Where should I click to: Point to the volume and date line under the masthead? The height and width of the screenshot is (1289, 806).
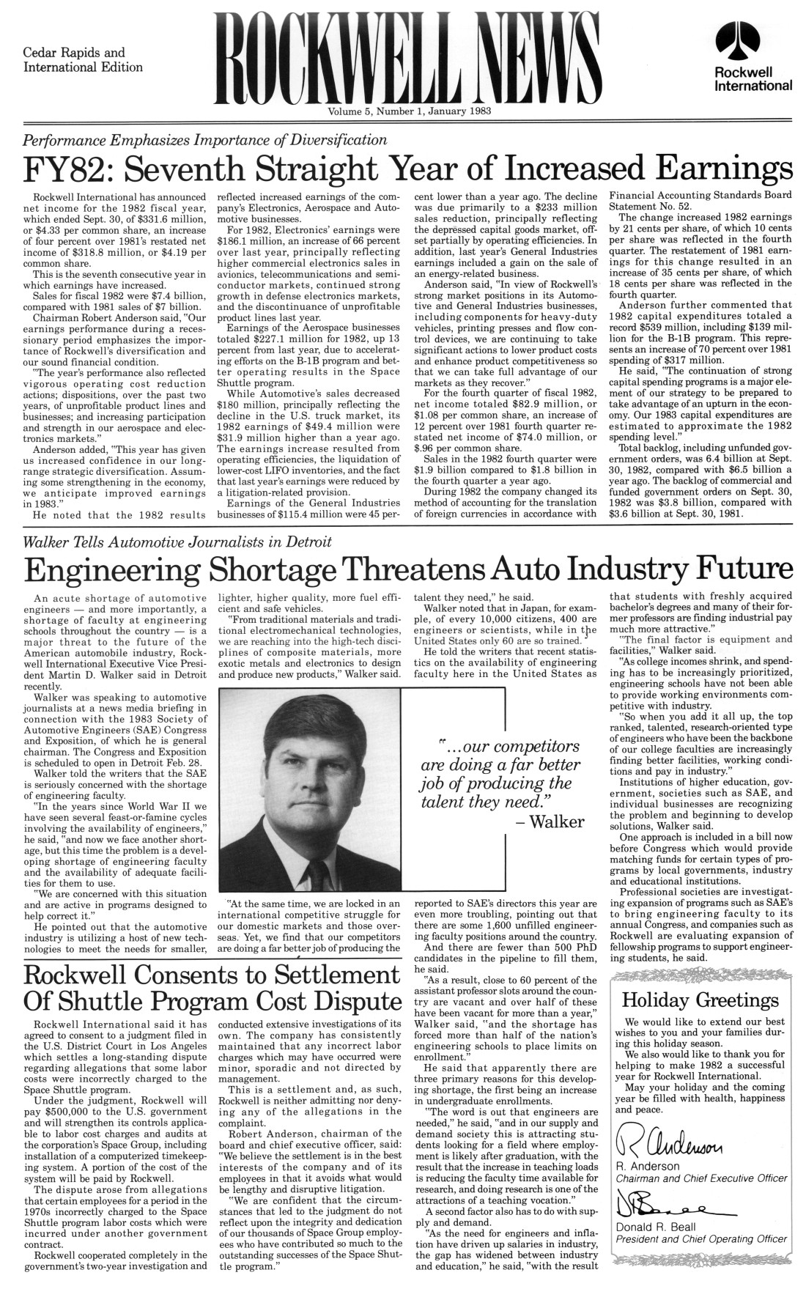403,112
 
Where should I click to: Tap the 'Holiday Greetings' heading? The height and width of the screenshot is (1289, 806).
700,1000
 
